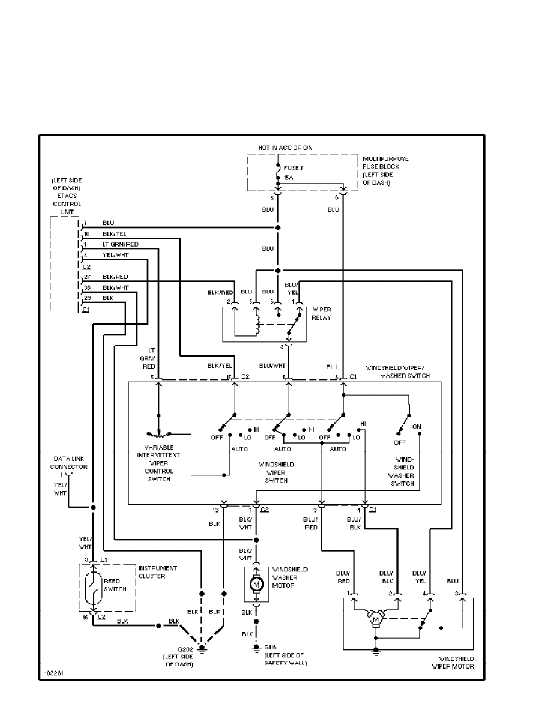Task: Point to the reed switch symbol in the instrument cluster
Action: point(93,588)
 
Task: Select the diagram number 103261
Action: point(52,674)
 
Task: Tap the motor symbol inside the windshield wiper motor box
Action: point(376,618)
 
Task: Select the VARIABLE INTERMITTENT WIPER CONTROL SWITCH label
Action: point(158,463)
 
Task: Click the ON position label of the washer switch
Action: point(417,426)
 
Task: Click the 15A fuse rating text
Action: point(289,178)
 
